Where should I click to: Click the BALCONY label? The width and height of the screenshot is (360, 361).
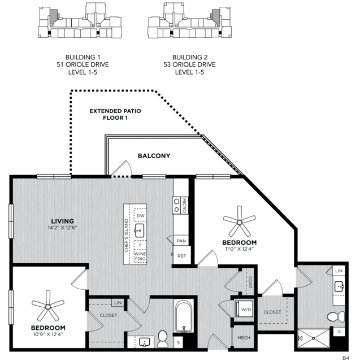point(154,156)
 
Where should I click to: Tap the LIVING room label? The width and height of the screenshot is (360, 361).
point(62,221)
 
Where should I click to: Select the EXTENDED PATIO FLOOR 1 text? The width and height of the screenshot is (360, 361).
point(115,115)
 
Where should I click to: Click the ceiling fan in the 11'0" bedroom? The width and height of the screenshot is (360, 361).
point(239,221)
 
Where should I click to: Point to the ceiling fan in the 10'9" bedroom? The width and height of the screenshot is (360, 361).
point(48,306)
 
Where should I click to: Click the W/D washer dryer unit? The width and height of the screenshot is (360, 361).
point(244,309)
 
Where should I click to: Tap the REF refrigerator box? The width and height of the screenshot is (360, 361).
point(182,255)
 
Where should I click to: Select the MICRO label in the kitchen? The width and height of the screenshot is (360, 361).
point(184,206)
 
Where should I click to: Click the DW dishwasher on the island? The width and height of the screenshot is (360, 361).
point(141,215)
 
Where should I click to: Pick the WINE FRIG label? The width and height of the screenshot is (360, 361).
point(140,256)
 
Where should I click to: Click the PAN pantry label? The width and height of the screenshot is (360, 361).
point(181,241)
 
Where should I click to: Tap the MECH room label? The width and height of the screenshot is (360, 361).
point(244,338)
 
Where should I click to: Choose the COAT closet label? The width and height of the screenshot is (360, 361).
point(250,282)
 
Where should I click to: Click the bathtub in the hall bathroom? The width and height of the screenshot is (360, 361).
point(184,316)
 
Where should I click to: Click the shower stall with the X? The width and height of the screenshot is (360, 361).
point(314,338)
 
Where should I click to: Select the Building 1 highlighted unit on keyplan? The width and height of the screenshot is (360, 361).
point(54,16)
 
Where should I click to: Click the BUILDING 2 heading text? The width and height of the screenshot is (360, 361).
point(190,57)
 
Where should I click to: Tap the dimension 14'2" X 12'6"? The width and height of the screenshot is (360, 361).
point(62,228)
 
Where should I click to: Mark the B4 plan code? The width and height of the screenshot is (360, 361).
point(346,358)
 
